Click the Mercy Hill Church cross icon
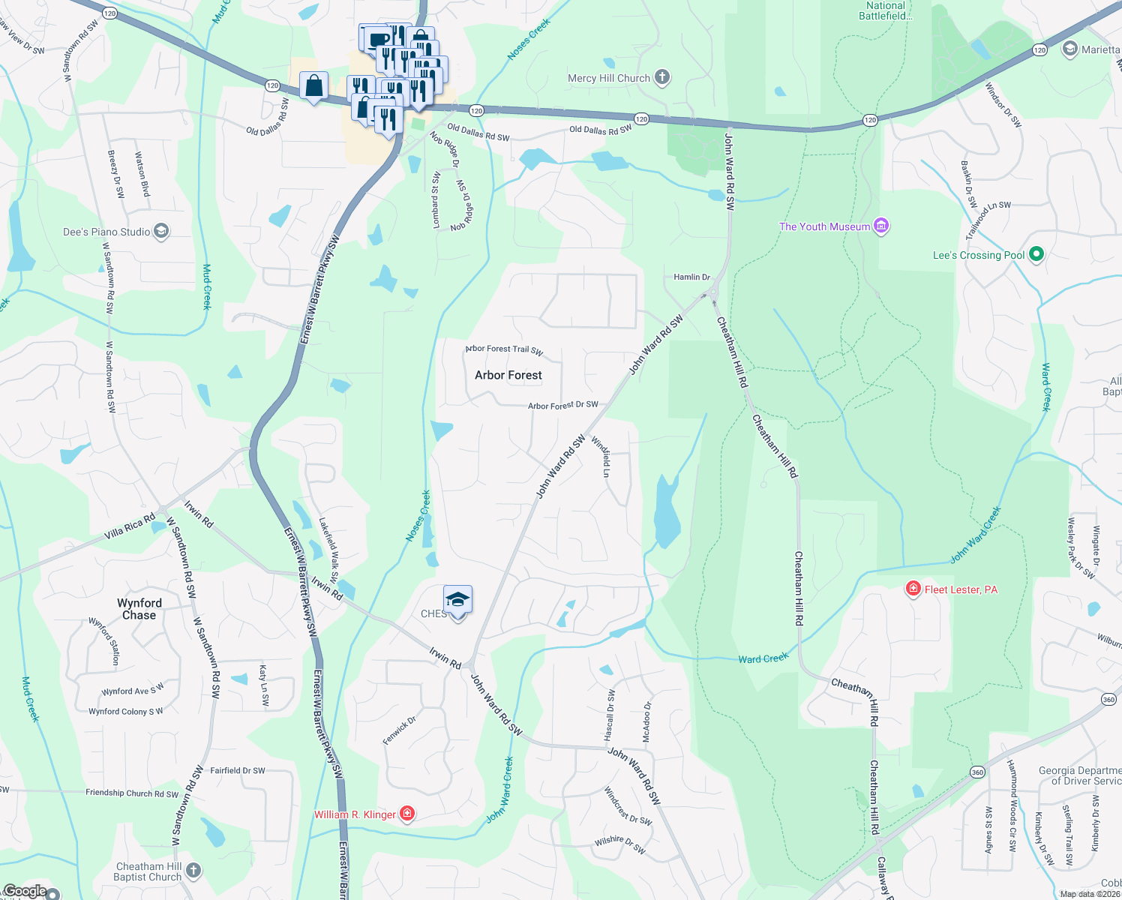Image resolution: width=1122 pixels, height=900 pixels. pyautogui.click(x=661, y=77)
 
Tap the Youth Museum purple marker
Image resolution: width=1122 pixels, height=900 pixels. pyautogui.click(x=882, y=226)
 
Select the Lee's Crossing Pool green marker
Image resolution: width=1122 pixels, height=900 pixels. pyautogui.click(x=1036, y=254)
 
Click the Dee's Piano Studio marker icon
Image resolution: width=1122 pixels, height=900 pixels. pyautogui.click(x=161, y=231)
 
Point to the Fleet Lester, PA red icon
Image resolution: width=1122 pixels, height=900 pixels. pyautogui.click(x=913, y=589)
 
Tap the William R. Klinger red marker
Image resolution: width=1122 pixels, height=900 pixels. pyautogui.click(x=406, y=814)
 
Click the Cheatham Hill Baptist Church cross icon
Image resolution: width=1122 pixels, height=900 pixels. pyautogui.click(x=193, y=870)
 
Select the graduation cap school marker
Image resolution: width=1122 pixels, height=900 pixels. pyautogui.click(x=457, y=601)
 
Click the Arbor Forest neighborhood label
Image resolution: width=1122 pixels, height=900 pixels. pyautogui.click(x=508, y=375)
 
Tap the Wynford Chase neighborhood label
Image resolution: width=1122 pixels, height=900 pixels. pyautogui.click(x=139, y=609)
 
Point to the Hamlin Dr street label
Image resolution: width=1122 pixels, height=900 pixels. pyautogui.click(x=691, y=277)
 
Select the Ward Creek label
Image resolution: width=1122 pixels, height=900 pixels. pyautogui.click(x=763, y=658)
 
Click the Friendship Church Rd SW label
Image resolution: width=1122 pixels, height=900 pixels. pyautogui.click(x=132, y=793)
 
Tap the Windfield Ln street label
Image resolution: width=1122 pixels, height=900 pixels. pyautogui.click(x=601, y=457)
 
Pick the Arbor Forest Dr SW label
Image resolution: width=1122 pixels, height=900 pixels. pyautogui.click(x=562, y=405)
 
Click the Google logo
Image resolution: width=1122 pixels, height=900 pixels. pyautogui.click(x=25, y=891)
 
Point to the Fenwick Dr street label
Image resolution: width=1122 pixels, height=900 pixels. pyautogui.click(x=399, y=730)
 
